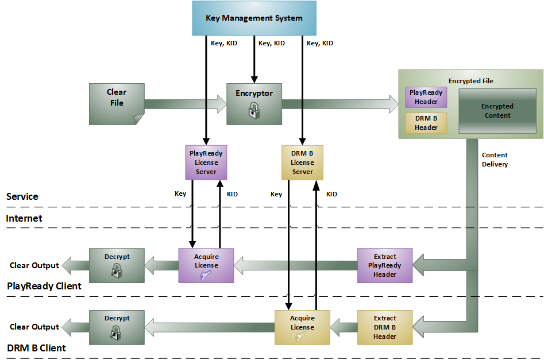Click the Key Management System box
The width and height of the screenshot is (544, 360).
point(254,18)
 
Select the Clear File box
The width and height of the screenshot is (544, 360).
point(117,104)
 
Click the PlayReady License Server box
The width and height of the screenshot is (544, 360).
point(206,162)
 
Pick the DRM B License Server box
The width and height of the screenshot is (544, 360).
point(303,162)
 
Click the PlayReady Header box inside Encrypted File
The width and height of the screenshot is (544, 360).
point(426,97)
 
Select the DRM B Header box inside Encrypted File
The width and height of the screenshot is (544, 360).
point(426,123)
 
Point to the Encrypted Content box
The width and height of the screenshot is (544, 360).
point(497,111)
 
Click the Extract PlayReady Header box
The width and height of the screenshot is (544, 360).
point(385,265)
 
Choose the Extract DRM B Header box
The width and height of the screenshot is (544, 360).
point(385,327)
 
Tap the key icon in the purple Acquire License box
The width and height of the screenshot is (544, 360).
point(206,276)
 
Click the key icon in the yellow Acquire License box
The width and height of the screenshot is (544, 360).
point(301,336)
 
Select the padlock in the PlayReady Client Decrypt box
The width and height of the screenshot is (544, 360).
point(117,270)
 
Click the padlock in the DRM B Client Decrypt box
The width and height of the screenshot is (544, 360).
point(116,332)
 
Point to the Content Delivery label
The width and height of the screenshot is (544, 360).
point(495,160)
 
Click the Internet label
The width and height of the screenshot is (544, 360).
point(24,218)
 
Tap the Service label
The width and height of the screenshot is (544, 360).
point(22,196)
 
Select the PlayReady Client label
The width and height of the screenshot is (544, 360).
point(44,286)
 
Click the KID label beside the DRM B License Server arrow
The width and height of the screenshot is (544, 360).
point(331,194)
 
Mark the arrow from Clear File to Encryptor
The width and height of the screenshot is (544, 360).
point(186,104)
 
